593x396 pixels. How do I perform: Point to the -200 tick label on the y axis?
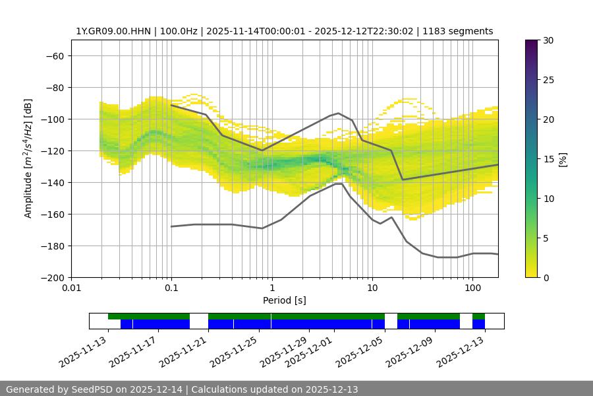(51, 277)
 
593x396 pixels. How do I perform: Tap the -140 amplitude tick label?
(51, 182)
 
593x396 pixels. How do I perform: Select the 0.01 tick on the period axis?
(71, 288)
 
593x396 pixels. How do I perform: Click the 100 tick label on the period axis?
(472, 288)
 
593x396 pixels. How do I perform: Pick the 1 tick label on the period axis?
(271, 288)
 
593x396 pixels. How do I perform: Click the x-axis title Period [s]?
(284, 300)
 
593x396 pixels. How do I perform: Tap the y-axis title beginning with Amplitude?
(28, 158)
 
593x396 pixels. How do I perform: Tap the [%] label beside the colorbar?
(563, 159)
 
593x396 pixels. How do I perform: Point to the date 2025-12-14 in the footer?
(157, 389)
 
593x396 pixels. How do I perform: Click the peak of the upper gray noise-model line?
(339, 113)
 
